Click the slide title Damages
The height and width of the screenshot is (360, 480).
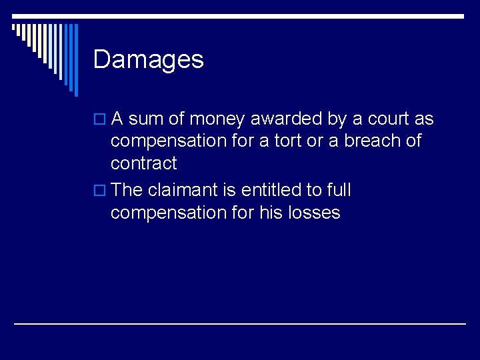(148, 60)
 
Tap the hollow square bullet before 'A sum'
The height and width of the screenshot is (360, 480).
(101, 120)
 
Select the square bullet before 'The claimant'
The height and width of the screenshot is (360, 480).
(101, 191)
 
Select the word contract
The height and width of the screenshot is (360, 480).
(143, 163)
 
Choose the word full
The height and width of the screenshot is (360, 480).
(338, 190)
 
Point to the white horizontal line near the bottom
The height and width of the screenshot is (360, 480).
(240, 323)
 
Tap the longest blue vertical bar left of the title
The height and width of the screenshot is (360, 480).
(75, 60)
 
